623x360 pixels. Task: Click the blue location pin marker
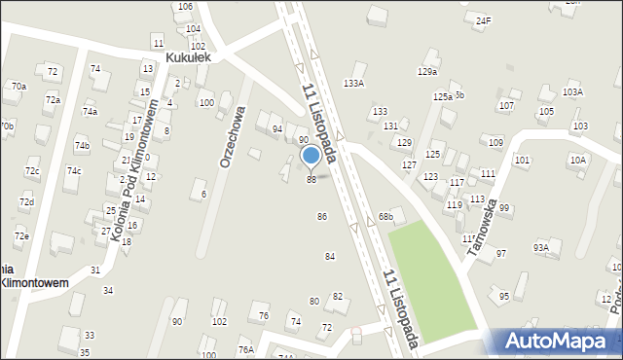click(x=311, y=155)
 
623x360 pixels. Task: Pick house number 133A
click(x=353, y=84)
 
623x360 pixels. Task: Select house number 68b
click(x=386, y=215)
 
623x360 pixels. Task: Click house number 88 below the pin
click(x=311, y=180)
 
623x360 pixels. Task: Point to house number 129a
click(x=427, y=72)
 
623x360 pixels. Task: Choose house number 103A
click(x=572, y=91)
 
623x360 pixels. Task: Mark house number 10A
click(x=578, y=160)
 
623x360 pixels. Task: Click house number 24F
click(x=484, y=19)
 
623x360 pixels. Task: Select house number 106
click(x=184, y=7)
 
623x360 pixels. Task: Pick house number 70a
click(x=18, y=87)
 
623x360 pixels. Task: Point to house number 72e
click(x=21, y=236)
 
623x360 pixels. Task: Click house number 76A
click(x=245, y=349)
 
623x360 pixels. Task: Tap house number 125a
click(x=443, y=97)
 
